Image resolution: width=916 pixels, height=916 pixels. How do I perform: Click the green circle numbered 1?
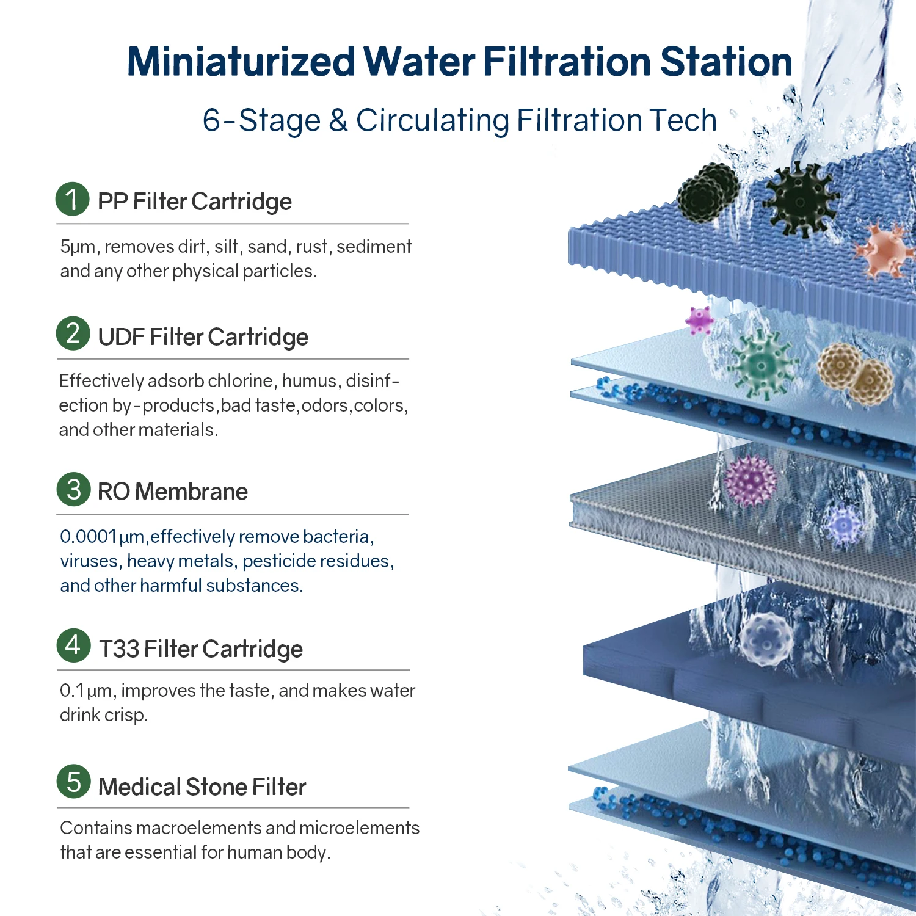tap(73, 199)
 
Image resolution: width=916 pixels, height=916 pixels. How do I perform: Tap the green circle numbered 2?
tap(73, 333)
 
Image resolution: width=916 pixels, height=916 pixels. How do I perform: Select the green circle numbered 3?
tap(74, 489)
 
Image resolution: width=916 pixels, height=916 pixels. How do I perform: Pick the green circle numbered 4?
tap(74, 645)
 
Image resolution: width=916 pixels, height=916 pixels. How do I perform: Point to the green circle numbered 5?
tap(74, 782)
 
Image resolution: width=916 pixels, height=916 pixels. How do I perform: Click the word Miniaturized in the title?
tap(241, 62)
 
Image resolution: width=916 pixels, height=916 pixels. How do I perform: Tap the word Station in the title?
tap(726, 62)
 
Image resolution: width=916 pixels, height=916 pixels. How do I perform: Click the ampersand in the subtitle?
tap(338, 120)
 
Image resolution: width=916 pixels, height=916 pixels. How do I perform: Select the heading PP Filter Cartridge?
tap(195, 202)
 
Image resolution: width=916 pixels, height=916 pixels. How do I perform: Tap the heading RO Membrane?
tap(173, 492)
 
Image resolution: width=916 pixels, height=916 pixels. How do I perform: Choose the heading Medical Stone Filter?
tap(202, 787)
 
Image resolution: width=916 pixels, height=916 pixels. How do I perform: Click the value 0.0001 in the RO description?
tap(88, 537)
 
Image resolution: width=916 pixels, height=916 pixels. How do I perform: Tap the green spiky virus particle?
tap(762, 365)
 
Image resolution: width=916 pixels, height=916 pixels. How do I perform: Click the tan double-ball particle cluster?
tap(856, 374)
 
